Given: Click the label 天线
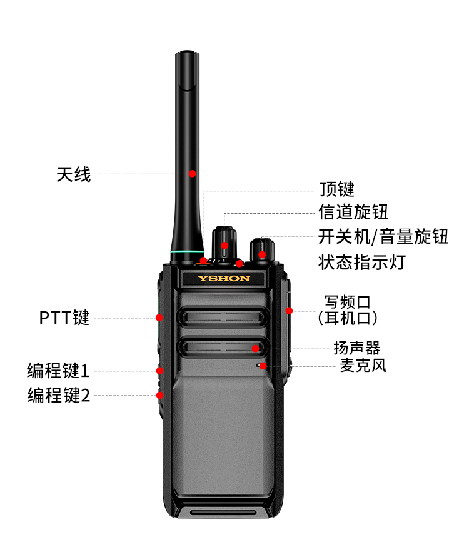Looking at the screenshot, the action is (74, 174).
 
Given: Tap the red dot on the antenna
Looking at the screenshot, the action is (193, 174).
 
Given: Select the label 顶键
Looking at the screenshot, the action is (337, 189).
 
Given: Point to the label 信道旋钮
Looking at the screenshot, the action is (353, 212).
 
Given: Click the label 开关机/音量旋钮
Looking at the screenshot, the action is (383, 237).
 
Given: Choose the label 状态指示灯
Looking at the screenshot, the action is (362, 263).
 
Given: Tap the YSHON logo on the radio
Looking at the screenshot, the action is (224, 279).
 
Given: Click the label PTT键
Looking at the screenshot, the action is (64, 318).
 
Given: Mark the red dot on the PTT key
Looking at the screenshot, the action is (159, 318).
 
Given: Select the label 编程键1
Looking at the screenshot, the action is (58, 371).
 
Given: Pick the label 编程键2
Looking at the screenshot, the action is (59, 395).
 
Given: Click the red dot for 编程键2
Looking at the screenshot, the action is (160, 395).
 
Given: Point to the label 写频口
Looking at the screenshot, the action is (347, 302).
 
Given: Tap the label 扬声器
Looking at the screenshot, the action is (356, 348).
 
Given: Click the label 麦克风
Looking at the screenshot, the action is (363, 366).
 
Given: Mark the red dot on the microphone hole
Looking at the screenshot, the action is (263, 366).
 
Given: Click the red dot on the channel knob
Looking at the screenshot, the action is (225, 246).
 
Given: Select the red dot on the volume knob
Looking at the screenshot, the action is (262, 255).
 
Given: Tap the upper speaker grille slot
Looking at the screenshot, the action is (223, 317).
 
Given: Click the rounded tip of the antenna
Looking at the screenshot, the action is (187, 53).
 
